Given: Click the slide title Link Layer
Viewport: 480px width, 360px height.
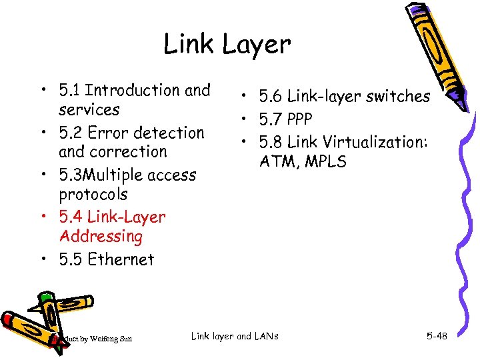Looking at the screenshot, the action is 227,45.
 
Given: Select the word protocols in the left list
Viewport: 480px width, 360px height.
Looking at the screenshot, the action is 93,195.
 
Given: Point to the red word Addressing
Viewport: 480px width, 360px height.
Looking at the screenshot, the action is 101,236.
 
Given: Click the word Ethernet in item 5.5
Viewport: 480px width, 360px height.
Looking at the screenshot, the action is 121,259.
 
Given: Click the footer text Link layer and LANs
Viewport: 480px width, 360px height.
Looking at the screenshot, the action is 235,336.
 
